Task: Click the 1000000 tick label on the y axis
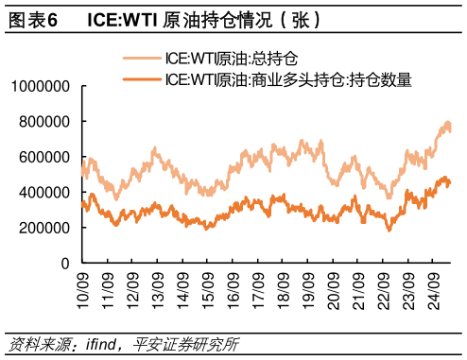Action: pos(41,86)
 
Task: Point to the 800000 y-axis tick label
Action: pos(45,122)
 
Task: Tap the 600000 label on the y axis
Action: pos(45,157)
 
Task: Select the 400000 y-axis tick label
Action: pos(45,192)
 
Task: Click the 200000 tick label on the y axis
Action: pos(45,228)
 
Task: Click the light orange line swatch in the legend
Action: pos(140,59)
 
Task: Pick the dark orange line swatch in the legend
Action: pos(140,78)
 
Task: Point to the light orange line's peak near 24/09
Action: pos(446,123)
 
